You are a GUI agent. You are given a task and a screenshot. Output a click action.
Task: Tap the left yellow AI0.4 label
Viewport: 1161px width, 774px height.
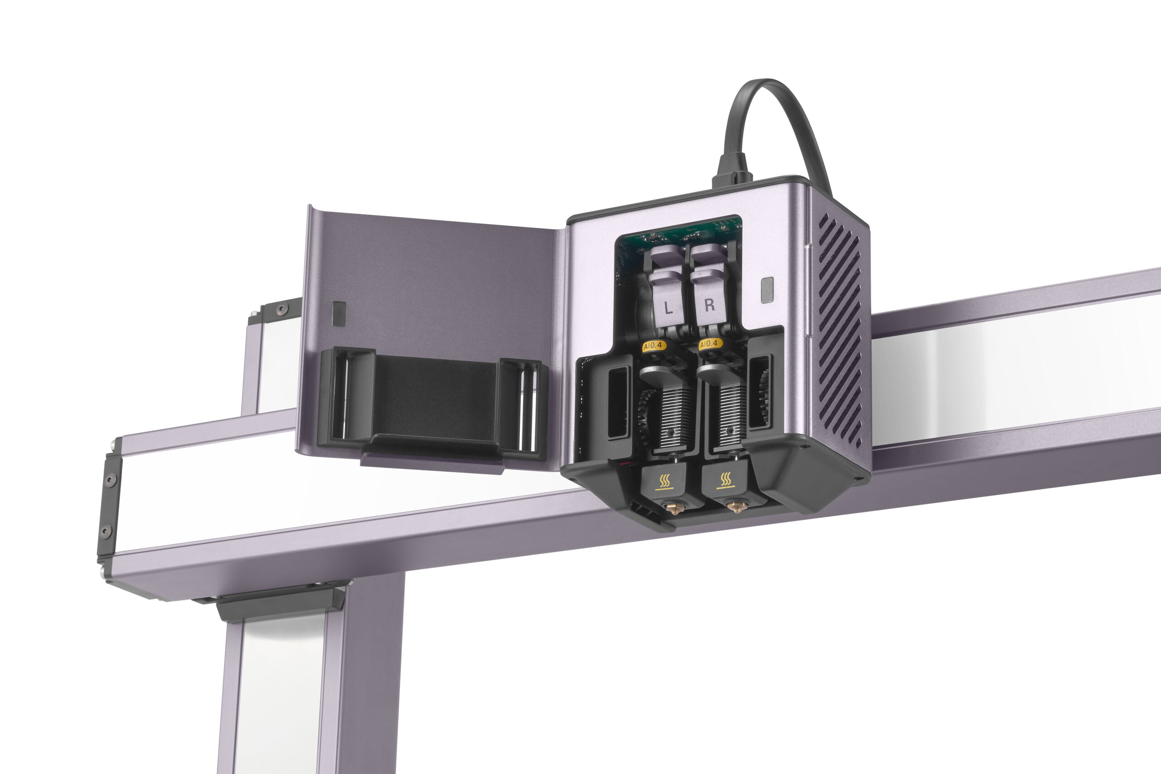click(x=654, y=346)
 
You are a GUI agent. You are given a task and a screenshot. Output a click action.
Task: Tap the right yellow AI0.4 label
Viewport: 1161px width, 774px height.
click(x=711, y=343)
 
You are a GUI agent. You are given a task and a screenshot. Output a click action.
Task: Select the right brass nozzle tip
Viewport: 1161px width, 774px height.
click(x=736, y=506)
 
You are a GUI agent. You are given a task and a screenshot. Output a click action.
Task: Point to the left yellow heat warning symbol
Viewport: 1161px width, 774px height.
click(x=664, y=480)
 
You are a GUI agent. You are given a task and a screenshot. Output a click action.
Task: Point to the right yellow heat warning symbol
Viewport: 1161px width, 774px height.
click(x=726, y=479)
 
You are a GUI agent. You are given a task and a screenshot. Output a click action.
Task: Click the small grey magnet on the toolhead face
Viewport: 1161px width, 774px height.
click(x=766, y=290)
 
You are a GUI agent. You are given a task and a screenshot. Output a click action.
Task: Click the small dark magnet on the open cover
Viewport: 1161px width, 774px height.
click(x=339, y=313)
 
